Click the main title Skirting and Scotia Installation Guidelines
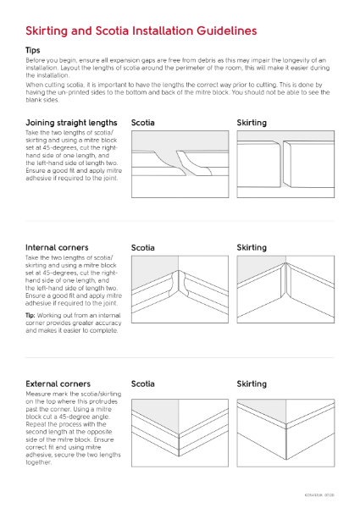(141, 31)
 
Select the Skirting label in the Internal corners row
(252, 248)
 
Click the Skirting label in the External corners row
(252, 384)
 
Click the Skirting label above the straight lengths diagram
(252, 123)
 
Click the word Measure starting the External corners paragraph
(39, 395)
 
